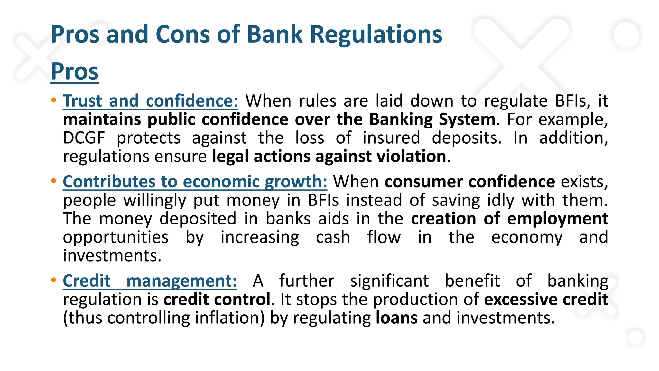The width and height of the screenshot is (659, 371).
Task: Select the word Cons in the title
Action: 183,34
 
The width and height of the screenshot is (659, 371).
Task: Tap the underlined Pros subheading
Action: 75,71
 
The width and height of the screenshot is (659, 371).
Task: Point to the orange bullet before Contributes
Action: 54,181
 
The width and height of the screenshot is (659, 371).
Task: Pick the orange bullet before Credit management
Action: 54,280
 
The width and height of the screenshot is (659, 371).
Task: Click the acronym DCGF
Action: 84,138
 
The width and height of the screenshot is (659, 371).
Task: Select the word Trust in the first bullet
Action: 82,101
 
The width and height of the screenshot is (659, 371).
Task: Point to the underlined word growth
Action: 296,182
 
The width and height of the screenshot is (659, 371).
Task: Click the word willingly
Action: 155,201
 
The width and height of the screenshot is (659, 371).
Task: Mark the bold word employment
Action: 558,219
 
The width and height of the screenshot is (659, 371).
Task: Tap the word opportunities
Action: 116,238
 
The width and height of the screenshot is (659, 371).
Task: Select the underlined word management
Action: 181,281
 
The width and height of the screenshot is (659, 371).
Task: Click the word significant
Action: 389,281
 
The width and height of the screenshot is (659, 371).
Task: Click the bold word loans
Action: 396,318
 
